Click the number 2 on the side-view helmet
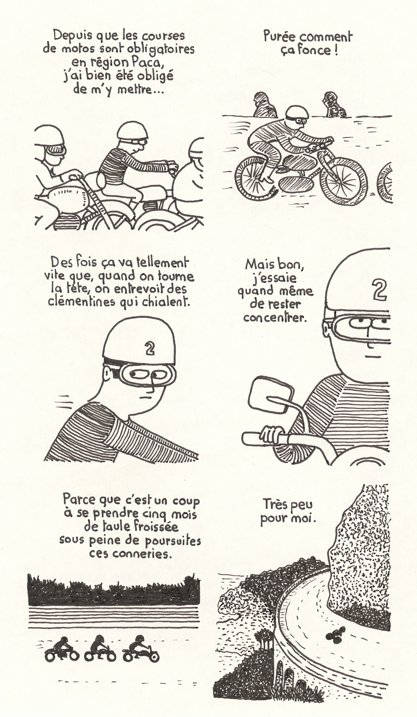[x=150, y=349]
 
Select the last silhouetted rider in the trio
[x=141, y=648]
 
